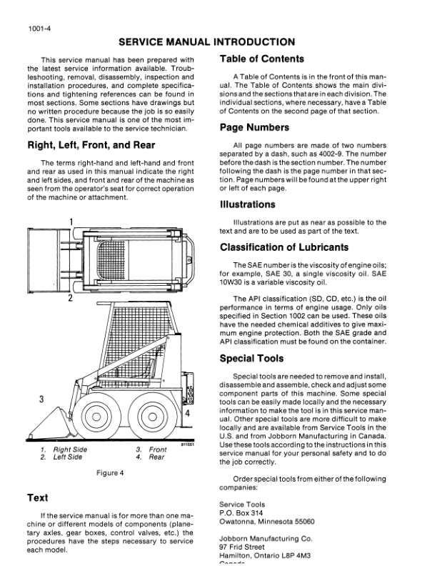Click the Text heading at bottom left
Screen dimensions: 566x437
(x=37, y=497)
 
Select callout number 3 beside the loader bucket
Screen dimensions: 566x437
(x=42, y=398)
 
